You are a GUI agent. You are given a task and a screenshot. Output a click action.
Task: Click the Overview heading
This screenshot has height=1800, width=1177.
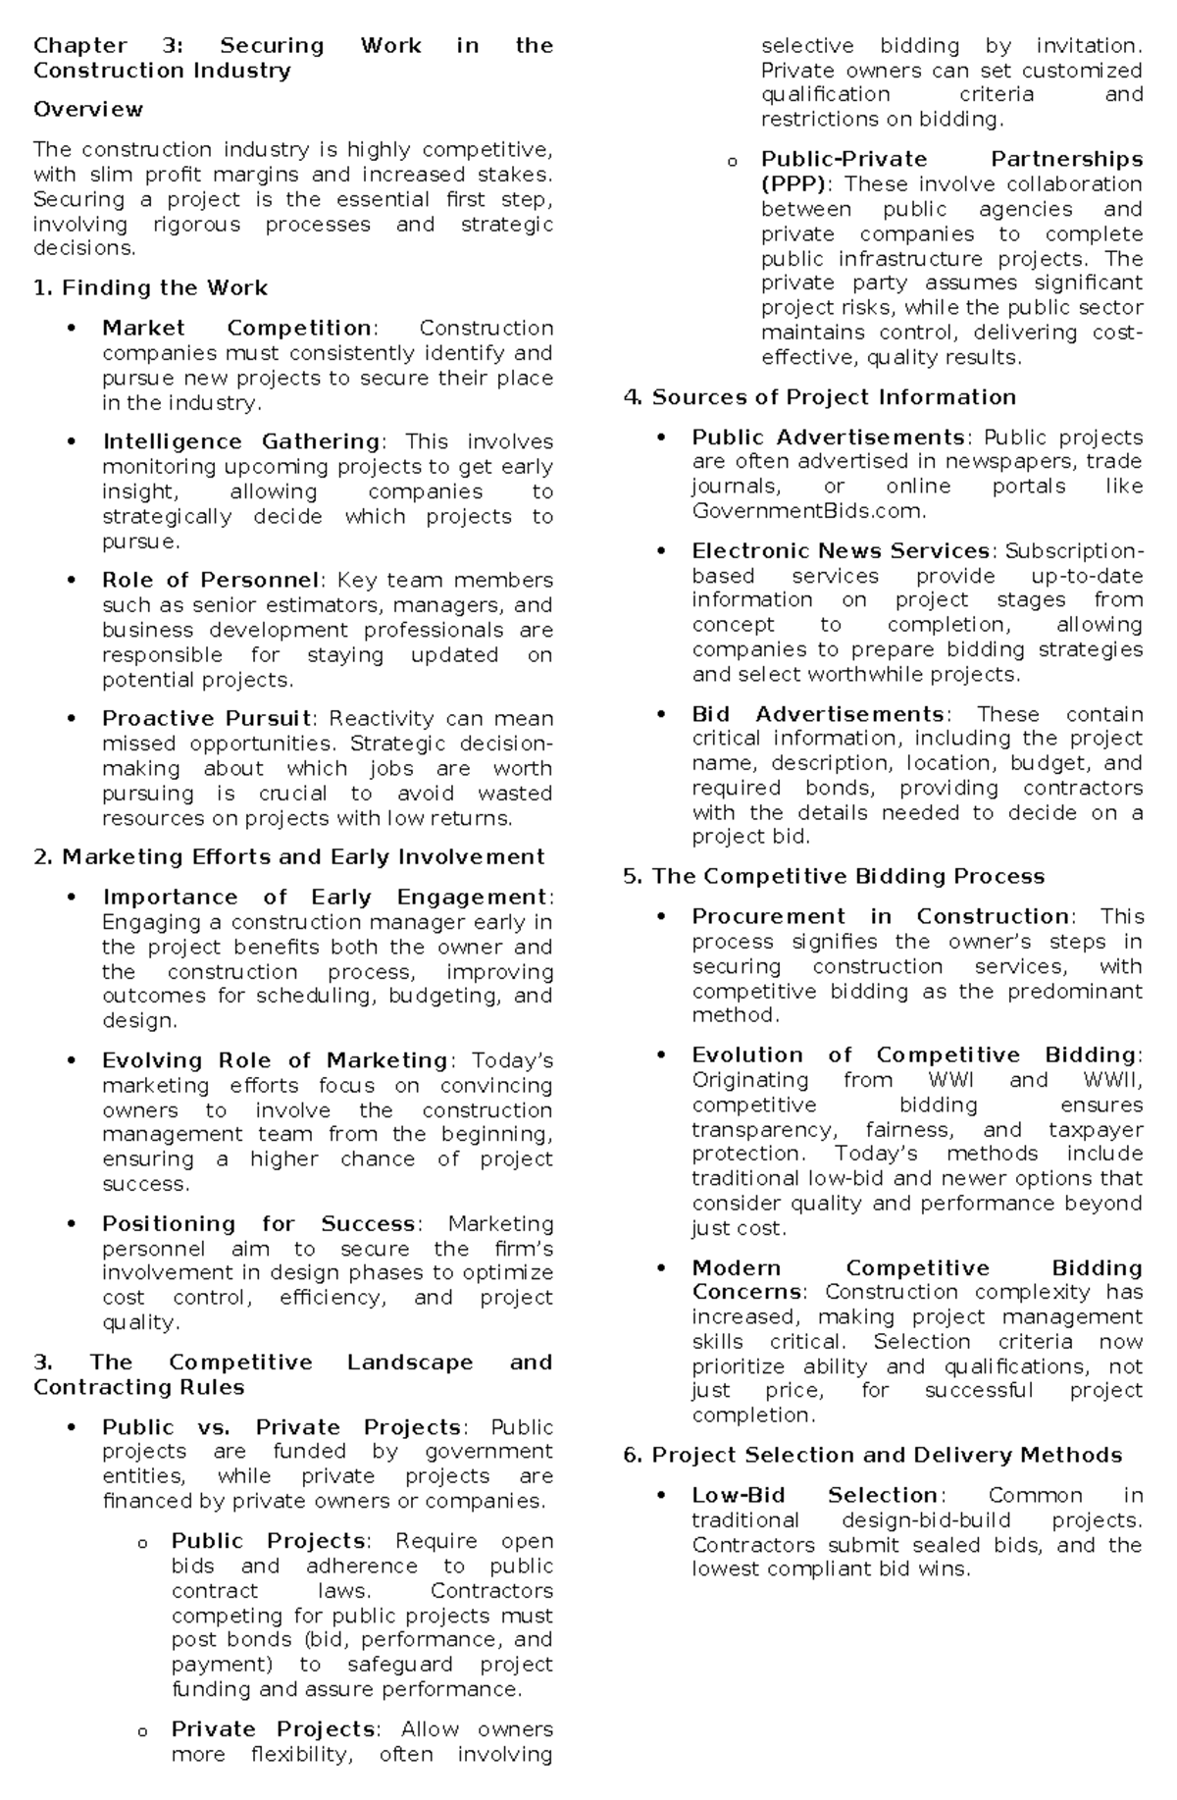coord(88,110)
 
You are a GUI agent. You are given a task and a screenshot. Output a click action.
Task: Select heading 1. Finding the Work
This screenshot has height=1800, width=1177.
coord(150,288)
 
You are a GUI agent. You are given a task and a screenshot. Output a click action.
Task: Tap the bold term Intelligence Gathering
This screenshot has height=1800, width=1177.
coord(241,442)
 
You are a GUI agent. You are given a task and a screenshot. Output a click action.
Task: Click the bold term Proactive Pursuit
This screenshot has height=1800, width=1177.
coord(207,719)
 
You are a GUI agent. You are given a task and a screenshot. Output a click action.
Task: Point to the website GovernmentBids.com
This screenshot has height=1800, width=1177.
coord(807,511)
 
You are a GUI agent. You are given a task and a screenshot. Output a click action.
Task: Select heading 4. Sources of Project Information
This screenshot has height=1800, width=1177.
coord(819,397)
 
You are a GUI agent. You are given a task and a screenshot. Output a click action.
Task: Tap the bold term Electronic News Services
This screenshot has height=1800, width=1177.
coord(840,551)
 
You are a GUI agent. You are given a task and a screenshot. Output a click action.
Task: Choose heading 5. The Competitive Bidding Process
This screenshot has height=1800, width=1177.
coord(834,877)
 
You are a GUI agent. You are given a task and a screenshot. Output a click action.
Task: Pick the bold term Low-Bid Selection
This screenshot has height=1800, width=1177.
coord(815,1496)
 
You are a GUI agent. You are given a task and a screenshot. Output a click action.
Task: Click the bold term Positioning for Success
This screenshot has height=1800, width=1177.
coord(259,1224)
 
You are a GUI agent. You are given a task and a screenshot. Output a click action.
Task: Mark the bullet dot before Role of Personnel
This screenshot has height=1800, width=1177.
coord(72,581)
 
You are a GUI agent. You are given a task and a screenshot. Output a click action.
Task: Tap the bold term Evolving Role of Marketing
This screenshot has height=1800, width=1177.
coord(275,1061)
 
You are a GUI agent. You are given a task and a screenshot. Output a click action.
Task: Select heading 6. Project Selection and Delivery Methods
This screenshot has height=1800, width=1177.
coord(872,1456)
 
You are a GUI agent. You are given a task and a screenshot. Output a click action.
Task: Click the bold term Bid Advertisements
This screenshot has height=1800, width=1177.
coord(817,714)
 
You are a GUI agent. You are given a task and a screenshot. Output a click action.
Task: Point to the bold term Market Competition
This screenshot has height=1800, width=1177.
coord(236,329)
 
